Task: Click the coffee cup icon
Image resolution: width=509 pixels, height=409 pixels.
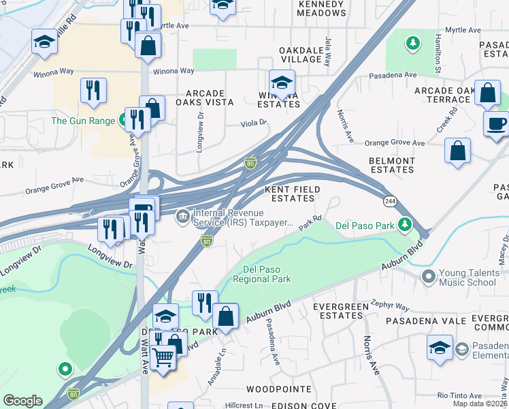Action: (x=496, y=123)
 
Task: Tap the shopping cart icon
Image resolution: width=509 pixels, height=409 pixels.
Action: (x=163, y=356)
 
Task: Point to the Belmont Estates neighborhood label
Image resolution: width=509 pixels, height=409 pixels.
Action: (x=391, y=164)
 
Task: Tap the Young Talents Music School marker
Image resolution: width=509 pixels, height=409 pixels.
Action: (x=428, y=276)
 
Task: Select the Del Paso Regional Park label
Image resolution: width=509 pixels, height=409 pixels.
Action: (x=262, y=274)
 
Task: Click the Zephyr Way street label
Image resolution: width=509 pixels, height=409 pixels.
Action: (x=391, y=307)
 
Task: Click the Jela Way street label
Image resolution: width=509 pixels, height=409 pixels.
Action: (x=328, y=52)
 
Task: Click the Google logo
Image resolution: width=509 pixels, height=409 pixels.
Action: (x=22, y=400)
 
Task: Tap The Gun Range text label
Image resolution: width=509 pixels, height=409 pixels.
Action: (x=83, y=121)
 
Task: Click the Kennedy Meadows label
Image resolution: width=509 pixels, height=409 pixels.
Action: (x=322, y=8)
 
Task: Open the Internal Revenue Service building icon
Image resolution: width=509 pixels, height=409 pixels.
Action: (x=182, y=217)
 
